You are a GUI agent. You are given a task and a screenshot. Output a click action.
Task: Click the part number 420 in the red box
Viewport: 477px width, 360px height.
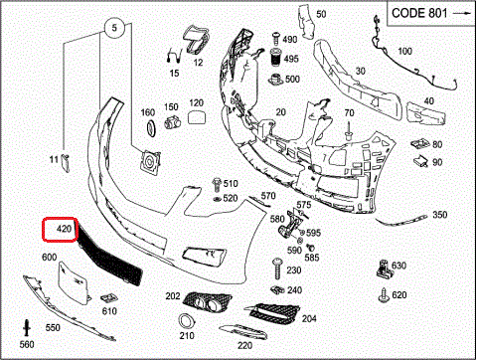click(64, 229)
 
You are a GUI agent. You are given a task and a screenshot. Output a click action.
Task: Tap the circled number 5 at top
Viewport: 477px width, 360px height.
click(114, 28)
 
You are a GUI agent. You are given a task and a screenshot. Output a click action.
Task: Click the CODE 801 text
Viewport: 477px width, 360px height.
click(419, 13)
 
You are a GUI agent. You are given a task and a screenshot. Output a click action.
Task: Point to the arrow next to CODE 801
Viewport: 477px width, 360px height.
click(462, 13)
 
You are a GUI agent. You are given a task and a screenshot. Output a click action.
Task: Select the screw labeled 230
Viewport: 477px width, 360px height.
click(277, 269)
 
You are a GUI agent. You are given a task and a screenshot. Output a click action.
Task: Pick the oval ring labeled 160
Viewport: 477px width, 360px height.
click(151, 127)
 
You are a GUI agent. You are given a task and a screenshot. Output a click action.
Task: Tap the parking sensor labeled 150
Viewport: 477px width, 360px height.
click(172, 122)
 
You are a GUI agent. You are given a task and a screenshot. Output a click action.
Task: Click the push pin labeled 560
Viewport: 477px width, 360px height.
click(27, 328)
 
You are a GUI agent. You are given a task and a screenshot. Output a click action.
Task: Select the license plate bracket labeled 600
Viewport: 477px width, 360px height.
click(74, 282)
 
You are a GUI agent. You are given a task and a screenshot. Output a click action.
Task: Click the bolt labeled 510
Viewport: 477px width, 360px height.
click(217, 184)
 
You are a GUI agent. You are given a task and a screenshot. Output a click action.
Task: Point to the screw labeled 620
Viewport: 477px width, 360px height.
click(384, 294)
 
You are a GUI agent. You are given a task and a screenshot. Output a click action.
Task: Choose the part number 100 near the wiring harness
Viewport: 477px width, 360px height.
click(404, 51)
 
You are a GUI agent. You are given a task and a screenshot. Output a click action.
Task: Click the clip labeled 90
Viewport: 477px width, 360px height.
click(421, 161)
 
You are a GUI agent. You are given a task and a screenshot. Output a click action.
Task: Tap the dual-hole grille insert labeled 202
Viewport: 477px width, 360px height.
click(207, 301)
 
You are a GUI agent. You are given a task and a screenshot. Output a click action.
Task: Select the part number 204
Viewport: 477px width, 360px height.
click(309, 318)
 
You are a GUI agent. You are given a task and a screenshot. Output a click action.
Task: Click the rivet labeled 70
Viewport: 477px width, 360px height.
click(349, 131)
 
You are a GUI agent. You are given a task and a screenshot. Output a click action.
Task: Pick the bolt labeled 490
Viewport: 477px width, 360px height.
click(276, 38)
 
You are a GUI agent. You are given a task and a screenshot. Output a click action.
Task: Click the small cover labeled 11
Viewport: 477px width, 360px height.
click(66, 163)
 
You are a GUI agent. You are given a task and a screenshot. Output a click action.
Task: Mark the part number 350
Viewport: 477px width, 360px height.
click(440, 215)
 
